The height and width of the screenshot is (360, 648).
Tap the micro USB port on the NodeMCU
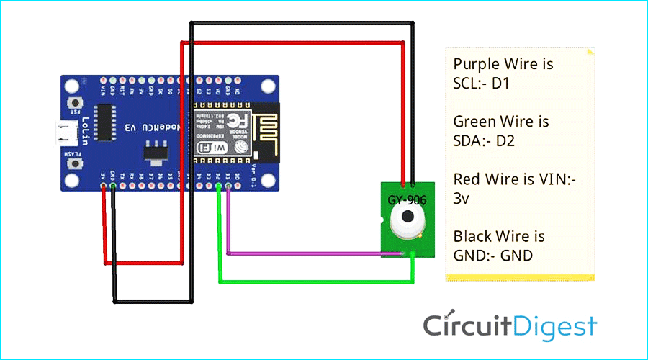pos(67,132)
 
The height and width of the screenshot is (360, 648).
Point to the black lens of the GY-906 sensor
pos(408,217)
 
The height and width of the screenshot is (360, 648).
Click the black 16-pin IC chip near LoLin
pos(107,124)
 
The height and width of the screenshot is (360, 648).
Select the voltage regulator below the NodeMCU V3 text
pos(153,153)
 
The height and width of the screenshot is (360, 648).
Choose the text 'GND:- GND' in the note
pos(493,255)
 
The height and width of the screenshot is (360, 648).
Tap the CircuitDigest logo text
pos(510,326)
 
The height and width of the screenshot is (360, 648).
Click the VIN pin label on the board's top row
pos(104,90)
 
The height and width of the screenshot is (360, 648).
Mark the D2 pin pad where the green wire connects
pos(219,187)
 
